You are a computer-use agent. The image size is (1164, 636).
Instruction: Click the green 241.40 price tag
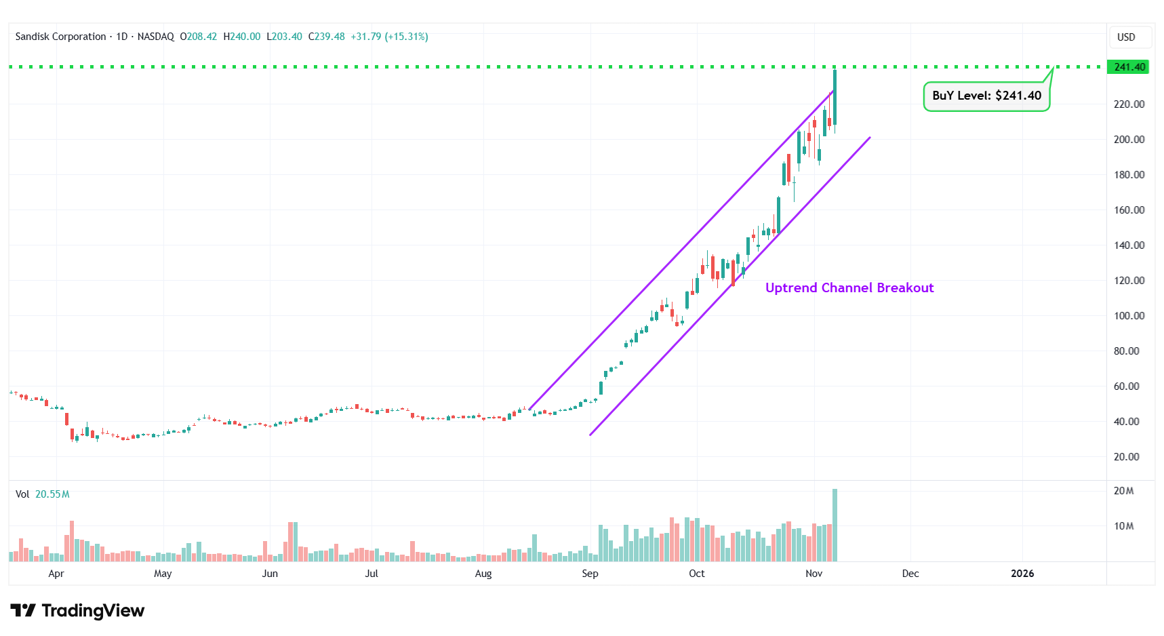(1128, 67)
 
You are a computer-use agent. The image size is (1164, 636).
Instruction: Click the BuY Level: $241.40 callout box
(986, 96)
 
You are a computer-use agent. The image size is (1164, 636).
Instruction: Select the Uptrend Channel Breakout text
(849, 288)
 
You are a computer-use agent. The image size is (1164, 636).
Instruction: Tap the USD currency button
(1126, 37)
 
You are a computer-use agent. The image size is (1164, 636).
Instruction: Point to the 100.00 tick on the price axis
(1129, 316)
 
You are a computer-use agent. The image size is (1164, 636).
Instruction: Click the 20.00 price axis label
(1126, 457)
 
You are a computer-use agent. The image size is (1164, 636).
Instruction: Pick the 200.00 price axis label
(1129, 140)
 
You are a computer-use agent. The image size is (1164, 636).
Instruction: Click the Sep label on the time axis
(590, 574)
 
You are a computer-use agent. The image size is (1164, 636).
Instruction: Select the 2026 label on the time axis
(1022, 574)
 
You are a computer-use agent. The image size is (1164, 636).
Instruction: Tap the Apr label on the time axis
(56, 574)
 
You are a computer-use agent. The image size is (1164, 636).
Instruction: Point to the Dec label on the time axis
(910, 574)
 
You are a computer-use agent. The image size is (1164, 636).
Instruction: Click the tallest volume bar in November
(835, 525)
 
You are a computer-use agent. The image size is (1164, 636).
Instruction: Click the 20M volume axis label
(1123, 491)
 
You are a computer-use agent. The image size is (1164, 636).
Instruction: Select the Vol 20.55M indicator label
(43, 494)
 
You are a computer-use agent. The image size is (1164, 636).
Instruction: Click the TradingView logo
(77, 611)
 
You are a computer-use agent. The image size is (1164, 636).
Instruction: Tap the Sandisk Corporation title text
(61, 37)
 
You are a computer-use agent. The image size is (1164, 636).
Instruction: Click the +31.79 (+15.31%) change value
(389, 37)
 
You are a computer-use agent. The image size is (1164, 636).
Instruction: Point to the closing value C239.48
(327, 37)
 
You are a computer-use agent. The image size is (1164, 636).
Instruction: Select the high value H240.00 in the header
(242, 37)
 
